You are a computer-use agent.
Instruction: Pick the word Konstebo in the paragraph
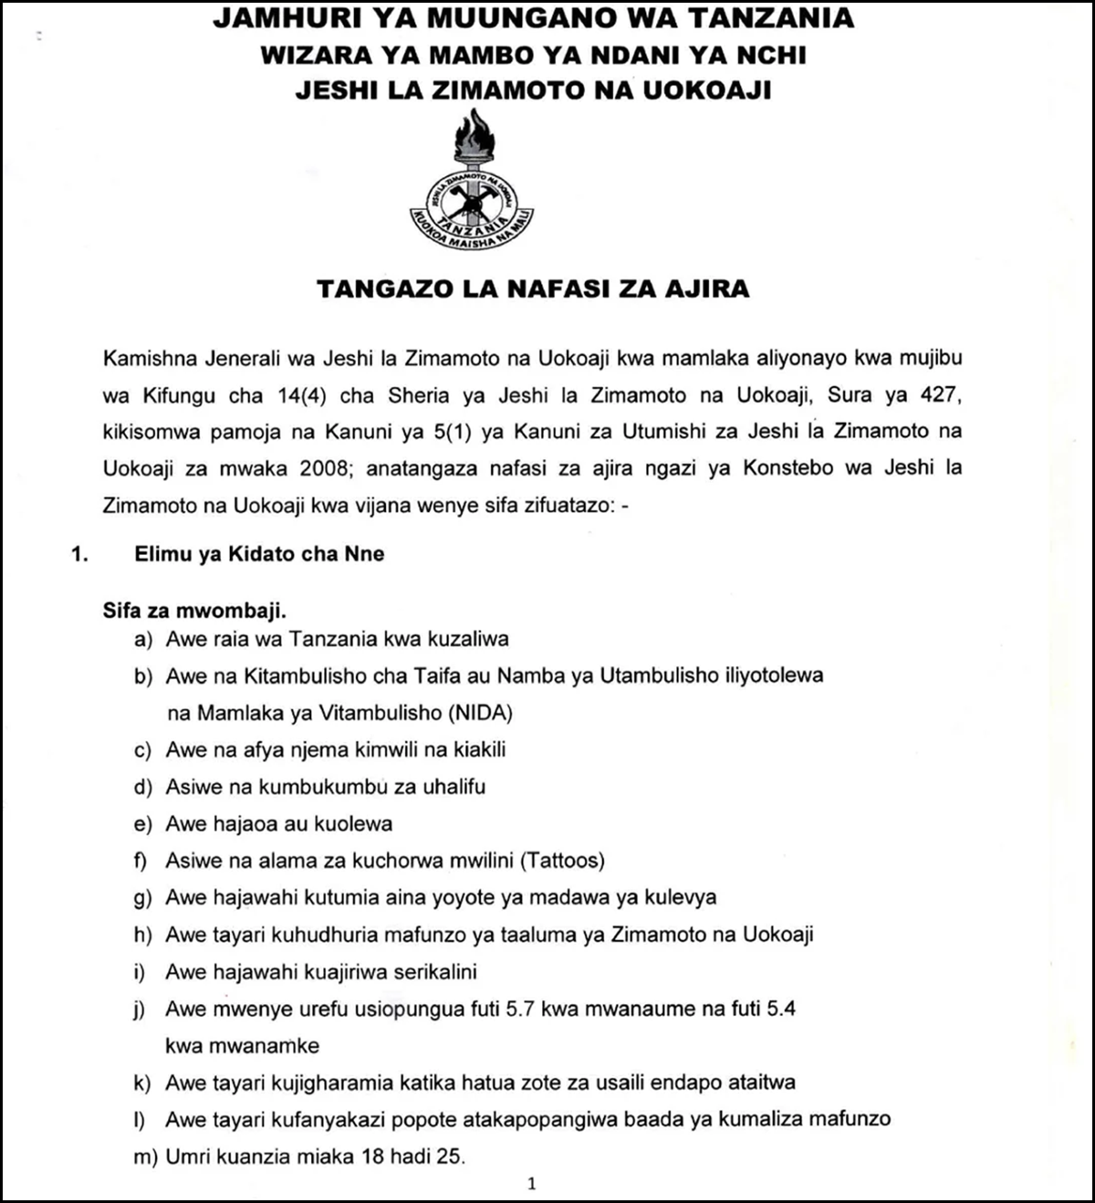788,468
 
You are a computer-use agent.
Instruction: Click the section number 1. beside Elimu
79,554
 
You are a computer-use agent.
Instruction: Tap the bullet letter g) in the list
142,898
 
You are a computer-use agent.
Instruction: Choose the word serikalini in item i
435,972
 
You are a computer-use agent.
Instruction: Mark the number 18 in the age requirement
374,1156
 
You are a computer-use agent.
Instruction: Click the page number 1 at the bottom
532,1185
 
